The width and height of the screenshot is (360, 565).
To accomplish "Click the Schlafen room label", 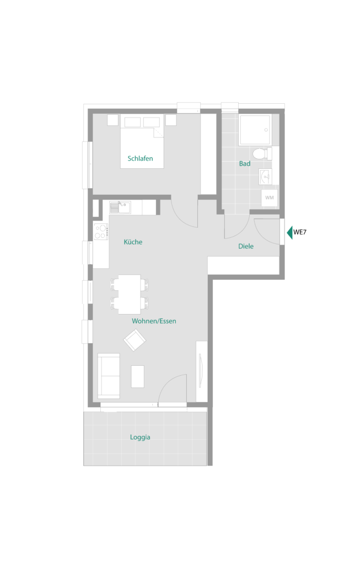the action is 140,158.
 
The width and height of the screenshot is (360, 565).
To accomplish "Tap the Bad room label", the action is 245,163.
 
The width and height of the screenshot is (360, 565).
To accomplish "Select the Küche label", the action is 133,242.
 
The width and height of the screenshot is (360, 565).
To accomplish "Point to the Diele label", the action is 246,246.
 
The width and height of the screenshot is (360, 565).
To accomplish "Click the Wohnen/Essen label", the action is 154,321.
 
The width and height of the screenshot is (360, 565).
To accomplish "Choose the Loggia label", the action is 140,437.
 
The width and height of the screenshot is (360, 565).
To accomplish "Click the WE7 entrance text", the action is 299,232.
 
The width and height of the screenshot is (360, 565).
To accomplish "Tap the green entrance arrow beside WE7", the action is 289,232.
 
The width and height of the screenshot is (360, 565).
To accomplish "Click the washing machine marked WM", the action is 269,198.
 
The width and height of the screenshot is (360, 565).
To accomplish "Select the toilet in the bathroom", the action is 262,154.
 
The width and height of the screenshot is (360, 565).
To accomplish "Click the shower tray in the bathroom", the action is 255,130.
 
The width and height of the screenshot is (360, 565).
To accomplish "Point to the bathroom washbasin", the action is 265,177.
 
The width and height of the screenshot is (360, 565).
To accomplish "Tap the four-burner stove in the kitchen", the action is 101,232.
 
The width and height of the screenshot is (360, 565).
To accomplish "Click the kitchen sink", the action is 120,207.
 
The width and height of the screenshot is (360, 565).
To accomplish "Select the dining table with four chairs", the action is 130,295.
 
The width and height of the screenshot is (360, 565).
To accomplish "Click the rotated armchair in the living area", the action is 135,340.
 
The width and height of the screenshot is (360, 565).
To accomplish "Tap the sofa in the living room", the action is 109,376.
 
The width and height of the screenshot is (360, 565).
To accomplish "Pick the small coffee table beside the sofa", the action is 137,376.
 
